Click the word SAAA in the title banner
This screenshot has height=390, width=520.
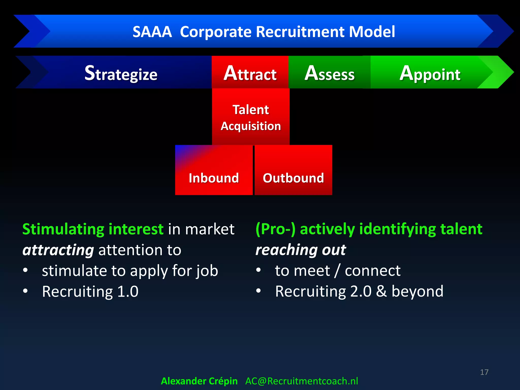152,32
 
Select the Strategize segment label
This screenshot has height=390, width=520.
121,73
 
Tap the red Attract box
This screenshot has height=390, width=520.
250,73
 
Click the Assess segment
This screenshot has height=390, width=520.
329,73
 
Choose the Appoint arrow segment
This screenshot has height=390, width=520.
430,73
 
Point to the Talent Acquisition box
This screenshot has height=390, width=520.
251,117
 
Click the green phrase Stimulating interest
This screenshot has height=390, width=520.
93,229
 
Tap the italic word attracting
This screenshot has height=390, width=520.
58,250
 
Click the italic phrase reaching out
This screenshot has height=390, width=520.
301,250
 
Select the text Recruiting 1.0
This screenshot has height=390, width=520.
90,291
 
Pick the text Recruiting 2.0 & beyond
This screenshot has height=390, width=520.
359,291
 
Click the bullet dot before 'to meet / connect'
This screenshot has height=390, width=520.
258,270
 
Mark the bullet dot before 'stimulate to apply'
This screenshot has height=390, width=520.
25,270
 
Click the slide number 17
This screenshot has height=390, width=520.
484,372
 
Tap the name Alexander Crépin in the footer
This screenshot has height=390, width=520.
199,381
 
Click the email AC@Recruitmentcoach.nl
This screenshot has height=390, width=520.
302,381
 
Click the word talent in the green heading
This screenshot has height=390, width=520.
461,229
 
